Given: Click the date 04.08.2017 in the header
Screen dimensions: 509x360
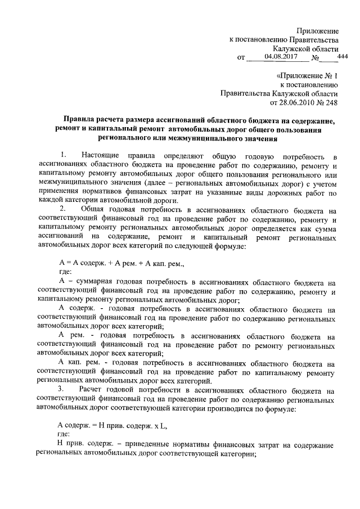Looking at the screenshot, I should [281, 56].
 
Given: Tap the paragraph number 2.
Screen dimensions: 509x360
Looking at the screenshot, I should [62, 210].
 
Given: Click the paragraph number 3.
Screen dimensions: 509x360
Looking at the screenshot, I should [62, 389].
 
